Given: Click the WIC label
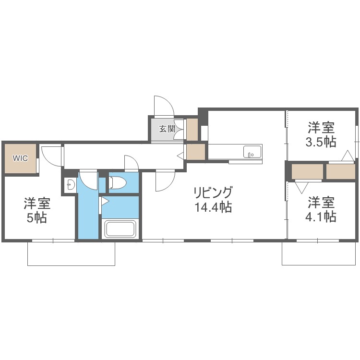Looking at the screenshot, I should click(x=20, y=157).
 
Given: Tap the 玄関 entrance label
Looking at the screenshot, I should click(x=167, y=129).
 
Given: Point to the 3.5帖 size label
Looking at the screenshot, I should click(x=321, y=142).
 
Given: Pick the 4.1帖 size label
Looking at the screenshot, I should click(x=321, y=216).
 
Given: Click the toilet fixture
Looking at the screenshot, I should click(x=118, y=183).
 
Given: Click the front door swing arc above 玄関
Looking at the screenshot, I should click(x=163, y=106).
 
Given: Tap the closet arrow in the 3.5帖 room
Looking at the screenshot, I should click(x=348, y=156).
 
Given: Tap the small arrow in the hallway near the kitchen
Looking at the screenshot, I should click(x=180, y=156).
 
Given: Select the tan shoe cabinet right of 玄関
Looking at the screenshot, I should click(x=192, y=129).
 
